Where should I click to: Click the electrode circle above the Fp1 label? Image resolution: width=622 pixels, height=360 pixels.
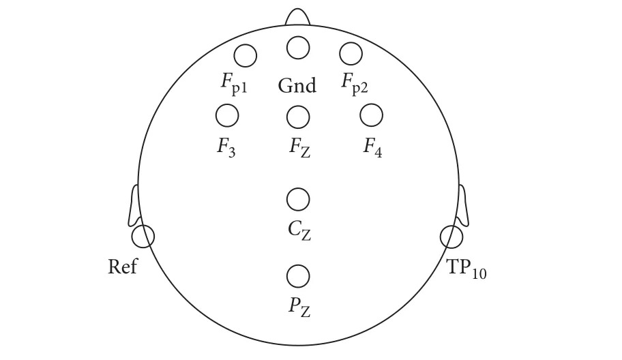coord(245,55)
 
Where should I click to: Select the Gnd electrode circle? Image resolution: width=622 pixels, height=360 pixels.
coord(298,48)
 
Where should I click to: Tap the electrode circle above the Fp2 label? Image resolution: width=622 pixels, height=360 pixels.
coord(351,52)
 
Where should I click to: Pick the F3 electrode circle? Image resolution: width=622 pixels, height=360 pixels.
coord(227,116)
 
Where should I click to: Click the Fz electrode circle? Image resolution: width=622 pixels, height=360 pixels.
coord(298,117)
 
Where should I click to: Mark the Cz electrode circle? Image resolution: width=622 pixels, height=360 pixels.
coord(298,200)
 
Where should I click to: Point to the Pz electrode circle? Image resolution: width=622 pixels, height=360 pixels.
coord(298,276)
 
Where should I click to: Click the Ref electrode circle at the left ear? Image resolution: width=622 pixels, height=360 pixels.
coord(143,237)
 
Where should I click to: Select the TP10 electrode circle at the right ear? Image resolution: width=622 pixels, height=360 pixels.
coord(451,237)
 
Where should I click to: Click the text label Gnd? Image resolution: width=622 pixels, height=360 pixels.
coord(297,86)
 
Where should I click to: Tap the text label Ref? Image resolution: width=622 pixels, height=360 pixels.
coord(123,267)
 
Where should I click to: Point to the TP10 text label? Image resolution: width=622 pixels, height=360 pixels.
coord(466,269)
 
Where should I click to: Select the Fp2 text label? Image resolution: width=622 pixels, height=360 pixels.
coord(355,84)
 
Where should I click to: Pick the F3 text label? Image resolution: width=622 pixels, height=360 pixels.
coord(226,147)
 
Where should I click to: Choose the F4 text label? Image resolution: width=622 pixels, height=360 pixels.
coord(372,148)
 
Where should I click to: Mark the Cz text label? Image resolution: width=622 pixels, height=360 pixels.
coord(299,231)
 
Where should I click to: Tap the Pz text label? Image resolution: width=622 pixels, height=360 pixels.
coord(299,308)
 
